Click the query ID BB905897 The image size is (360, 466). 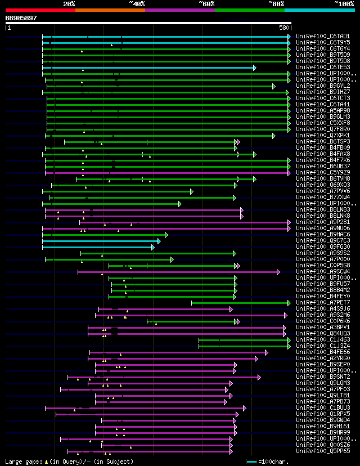click(x=21, y=18)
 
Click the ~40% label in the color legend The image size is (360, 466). click(x=137, y=3)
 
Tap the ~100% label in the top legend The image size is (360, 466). click(x=344, y=3)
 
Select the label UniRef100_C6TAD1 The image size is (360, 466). click(x=323, y=37)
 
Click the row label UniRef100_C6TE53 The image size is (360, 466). click(x=323, y=68)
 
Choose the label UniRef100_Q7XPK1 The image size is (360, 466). click(x=323, y=136)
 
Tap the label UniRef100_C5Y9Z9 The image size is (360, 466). click(x=323, y=173)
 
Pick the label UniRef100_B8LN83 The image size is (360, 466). click(x=323, y=210)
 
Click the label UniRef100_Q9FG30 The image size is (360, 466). click(x=323, y=247)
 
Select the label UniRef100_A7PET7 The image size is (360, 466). click(x=323, y=303)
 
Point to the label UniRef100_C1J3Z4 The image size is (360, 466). click(x=323, y=346)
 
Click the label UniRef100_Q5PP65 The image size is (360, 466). click(x=323, y=451)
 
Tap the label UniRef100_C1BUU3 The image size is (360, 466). click(x=323, y=408)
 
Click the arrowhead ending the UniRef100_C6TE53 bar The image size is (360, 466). click(x=254, y=68)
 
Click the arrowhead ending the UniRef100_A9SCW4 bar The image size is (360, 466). click(x=278, y=272)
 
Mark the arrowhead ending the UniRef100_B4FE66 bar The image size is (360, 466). click(x=266, y=352)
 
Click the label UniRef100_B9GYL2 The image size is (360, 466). click(x=323, y=86)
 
